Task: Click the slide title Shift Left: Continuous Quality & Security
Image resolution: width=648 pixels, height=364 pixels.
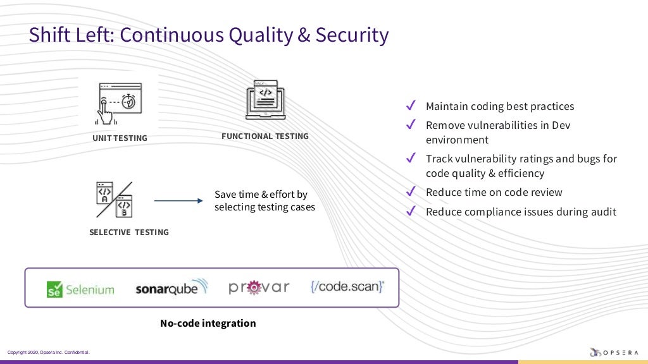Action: [x=208, y=35]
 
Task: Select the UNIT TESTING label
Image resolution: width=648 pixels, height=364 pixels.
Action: [x=120, y=138]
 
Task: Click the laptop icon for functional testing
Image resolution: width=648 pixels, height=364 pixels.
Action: [x=265, y=100]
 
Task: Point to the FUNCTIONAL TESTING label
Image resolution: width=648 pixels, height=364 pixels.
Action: [x=265, y=136]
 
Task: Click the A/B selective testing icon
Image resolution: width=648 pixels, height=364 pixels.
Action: [x=115, y=199]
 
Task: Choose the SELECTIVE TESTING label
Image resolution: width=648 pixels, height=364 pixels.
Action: [x=129, y=232]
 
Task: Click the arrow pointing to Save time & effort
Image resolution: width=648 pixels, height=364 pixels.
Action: [x=179, y=201]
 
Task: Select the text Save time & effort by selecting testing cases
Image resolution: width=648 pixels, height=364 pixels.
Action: [x=265, y=201]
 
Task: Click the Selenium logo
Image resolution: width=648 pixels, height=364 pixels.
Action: [x=80, y=289]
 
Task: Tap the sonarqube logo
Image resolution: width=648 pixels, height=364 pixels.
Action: [x=171, y=288]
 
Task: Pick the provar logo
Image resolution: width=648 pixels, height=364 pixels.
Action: [x=259, y=288]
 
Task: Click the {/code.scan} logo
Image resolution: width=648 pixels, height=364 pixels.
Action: [x=347, y=286]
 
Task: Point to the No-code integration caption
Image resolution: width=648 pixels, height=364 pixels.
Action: [x=208, y=323]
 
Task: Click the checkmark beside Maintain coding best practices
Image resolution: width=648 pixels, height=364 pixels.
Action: [x=410, y=106]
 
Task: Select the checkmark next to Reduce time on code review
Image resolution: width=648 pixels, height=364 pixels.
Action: [x=410, y=191]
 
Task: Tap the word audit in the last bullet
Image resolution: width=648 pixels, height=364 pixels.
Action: [x=602, y=212]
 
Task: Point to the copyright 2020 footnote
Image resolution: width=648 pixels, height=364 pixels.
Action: [x=48, y=352]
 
